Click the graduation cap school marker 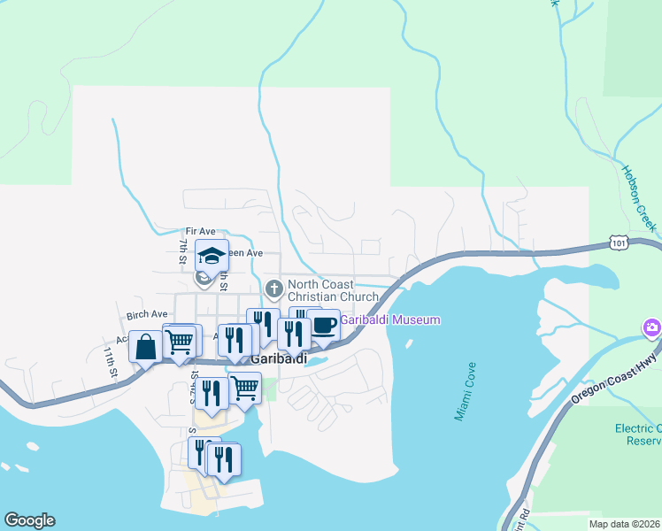pyautogui.click(x=212, y=256)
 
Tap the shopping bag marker pyautogui.click(x=146, y=348)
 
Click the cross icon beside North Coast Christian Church pyautogui.click(x=274, y=288)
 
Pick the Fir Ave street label pyautogui.click(x=200, y=231)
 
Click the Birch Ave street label pyautogui.click(x=147, y=314)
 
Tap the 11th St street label pyautogui.click(x=110, y=363)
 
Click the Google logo pyautogui.click(x=29, y=520)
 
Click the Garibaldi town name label pyautogui.click(x=278, y=359)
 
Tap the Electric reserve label pyautogui.click(x=638, y=435)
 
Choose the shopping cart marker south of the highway pyautogui.click(x=244, y=387)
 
